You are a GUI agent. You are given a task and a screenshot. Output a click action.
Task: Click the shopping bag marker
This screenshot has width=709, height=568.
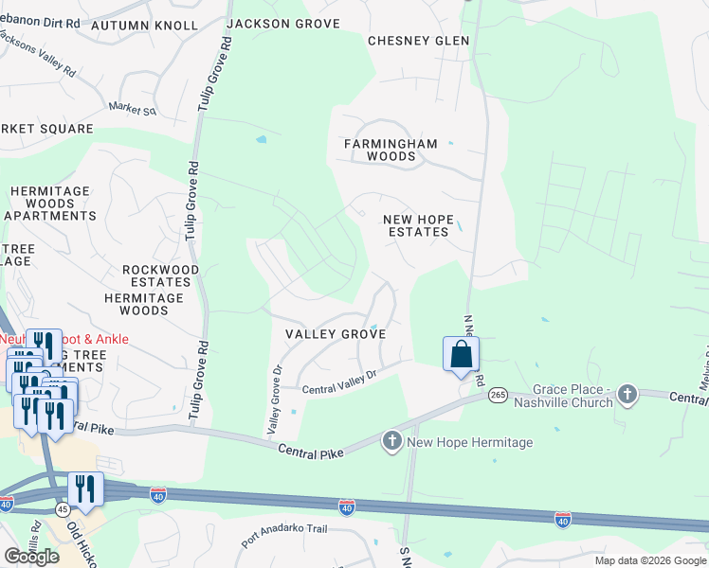coord(461,355)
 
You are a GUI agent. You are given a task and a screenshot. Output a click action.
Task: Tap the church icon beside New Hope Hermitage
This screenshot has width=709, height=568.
coord(393,441)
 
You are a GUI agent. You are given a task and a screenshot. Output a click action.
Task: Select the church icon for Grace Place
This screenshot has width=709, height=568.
coord(627,394)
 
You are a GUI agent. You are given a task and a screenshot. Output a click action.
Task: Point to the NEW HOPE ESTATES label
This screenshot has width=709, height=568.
coord(416,225)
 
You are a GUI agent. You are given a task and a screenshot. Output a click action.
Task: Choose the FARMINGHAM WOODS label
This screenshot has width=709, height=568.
coord(391,150)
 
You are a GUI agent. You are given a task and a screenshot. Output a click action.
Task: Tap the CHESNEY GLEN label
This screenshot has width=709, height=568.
coord(418,41)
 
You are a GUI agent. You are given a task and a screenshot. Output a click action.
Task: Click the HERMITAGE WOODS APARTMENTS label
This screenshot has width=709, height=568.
coord(49,204)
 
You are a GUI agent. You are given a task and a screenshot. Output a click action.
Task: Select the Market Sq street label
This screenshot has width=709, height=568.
coord(131,109)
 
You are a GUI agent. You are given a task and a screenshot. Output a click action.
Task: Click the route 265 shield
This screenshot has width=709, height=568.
coord(499,398)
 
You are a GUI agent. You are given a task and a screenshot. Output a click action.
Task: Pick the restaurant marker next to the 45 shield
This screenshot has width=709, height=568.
coord(85,489)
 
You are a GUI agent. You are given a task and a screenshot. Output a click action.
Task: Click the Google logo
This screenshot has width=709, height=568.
coord(31,557)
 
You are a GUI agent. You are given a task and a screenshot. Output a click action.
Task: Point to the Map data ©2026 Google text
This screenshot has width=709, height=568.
coord(650,560)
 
